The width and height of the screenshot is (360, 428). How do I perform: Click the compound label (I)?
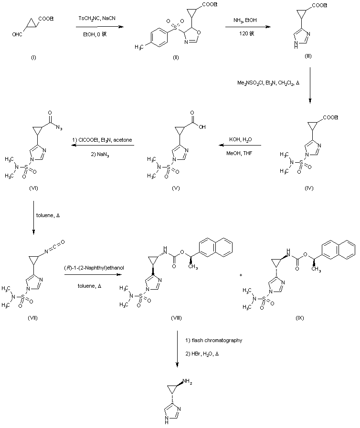pyautogui.click(x=33, y=57)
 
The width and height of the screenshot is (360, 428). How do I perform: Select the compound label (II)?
pyautogui.click(x=176, y=57)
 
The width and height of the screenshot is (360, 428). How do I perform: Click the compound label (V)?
pyautogui.click(x=177, y=188)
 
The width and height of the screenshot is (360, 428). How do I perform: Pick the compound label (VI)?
pyautogui.click(x=33, y=188)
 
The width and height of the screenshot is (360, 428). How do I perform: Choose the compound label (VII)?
pyautogui.click(x=33, y=318)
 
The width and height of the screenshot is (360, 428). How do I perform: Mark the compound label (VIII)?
pyautogui.click(x=176, y=318)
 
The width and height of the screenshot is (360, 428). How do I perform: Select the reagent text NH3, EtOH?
pyautogui.click(x=246, y=21)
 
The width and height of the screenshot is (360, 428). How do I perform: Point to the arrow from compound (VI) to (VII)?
pyautogui.click(x=33, y=217)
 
